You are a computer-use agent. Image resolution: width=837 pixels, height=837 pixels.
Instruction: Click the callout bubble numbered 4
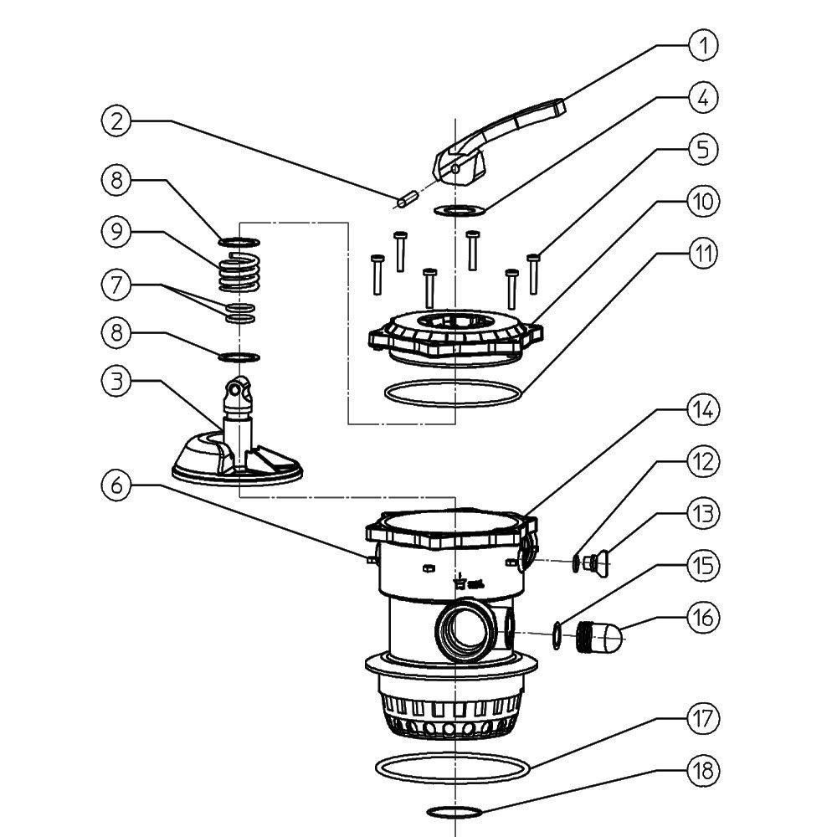pos(704,97)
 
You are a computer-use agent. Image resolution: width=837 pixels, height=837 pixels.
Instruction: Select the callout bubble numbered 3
pos(118,382)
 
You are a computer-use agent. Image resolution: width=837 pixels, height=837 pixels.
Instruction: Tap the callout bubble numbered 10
pos(704,202)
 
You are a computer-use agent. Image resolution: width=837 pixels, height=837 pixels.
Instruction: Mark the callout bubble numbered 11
pos(704,254)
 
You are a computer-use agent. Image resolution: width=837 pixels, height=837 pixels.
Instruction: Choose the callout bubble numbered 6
pos(118,485)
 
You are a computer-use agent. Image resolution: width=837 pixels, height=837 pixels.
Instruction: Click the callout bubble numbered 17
pos(704,719)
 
